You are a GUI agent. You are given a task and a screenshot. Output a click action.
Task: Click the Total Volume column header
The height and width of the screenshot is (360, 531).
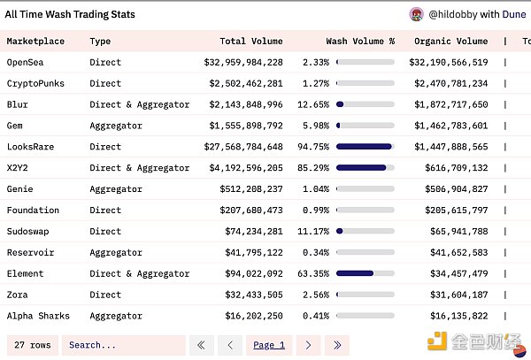click(x=251, y=41)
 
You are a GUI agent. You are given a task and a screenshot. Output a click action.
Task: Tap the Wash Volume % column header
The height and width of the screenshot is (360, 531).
click(x=360, y=41)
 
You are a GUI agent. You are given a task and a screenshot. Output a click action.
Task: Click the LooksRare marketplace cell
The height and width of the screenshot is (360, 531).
click(x=32, y=147)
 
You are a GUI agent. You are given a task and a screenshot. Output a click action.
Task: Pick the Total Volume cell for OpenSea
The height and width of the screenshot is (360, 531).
click(x=243, y=63)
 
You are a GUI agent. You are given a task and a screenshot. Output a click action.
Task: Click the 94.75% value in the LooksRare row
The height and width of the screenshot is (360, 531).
click(x=314, y=147)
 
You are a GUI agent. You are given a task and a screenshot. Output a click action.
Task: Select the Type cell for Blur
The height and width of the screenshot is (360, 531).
click(x=140, y=104)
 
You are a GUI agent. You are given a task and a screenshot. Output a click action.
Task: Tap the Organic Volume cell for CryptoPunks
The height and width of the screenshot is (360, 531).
click(x=450, y=84)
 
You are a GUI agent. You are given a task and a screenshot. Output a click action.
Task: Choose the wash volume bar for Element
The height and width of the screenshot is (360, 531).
click(x=365, y=273)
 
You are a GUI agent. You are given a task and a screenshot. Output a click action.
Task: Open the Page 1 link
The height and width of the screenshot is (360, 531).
click(x=269, y=345)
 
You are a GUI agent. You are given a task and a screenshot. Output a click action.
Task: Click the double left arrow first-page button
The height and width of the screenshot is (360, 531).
click(x=203, y=345)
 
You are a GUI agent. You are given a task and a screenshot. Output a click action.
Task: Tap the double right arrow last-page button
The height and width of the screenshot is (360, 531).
click(x=336, y=345)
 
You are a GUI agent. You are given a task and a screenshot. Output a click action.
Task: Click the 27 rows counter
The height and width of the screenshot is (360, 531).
click(x=32, y=345)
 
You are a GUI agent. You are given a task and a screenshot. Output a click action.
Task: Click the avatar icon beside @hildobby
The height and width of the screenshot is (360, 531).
click(x=416, y=14)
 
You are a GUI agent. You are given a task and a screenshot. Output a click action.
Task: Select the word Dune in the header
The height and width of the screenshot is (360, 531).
click(x=514, y=14)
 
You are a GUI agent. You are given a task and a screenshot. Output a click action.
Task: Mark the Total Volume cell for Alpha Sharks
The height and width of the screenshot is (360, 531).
click(x=251, y=315)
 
